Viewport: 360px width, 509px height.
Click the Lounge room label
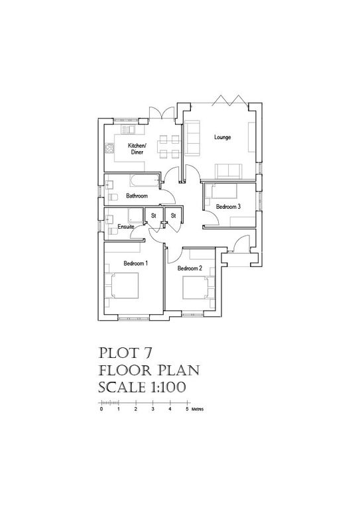click(222, 138)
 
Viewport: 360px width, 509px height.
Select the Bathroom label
click(137, 197)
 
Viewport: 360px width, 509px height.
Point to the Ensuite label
click(126, 227)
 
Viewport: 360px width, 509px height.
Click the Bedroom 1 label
click(135, 263)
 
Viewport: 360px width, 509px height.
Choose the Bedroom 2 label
click(189, 268)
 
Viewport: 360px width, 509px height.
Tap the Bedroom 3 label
click(228, 207)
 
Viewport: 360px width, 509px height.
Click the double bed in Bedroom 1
click(124, 287)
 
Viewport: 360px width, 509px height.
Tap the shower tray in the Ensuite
click(135, 215)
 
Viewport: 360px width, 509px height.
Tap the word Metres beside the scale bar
click(198, 410)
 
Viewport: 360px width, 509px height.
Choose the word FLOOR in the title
click(123, 369)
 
